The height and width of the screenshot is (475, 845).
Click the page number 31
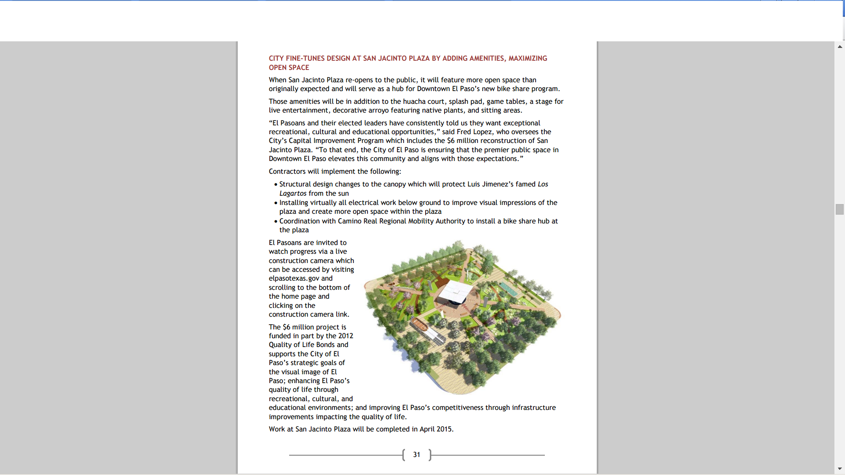(416, 455)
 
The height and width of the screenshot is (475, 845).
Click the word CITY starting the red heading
(276, 58)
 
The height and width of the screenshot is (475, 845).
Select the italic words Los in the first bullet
(543, 184)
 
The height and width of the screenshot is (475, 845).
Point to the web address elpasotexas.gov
(294, 278)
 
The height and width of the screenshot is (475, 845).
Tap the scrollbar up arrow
(840, 46)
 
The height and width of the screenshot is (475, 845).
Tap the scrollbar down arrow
(840, 469)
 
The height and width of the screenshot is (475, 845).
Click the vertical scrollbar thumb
(840, 209)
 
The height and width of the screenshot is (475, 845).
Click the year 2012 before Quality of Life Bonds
(345, 336)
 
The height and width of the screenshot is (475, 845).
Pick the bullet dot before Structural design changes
(276, 185)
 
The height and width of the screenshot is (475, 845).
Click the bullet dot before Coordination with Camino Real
(276, 222)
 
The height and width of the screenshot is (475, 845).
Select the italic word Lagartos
(293, 194)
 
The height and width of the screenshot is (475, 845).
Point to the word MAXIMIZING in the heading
(528, 58)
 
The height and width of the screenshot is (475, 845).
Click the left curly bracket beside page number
(404, 455)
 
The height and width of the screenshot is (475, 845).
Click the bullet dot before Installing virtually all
(276, 203)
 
